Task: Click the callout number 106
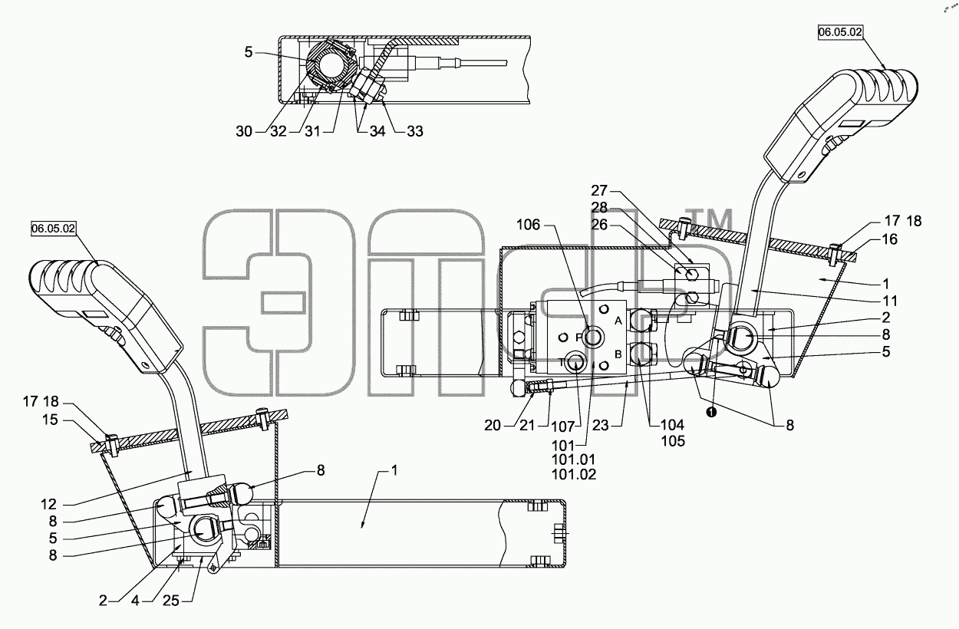[x=529, y=224]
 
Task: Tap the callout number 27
[x=599, y=190]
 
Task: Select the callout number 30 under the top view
[x=244, y=131]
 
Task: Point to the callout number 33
[x=414, y=131]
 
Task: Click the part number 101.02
[x=574, y=474]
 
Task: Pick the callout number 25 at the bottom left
[x=171, y=601]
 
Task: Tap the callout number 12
[x=49, y=504]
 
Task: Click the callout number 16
[x=890, y=239]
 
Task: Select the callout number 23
[x=601, y=425]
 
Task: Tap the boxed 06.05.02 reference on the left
[x=54, y=229]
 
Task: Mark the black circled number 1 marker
[x=711, y=413]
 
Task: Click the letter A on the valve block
[x=618, y=321]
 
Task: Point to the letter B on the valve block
[x=618, y=354]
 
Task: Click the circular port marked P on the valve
[x=592, y=338]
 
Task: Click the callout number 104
[x=673, y=425]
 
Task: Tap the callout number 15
[x=50, y=420]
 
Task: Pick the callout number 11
[x=890, y=301]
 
